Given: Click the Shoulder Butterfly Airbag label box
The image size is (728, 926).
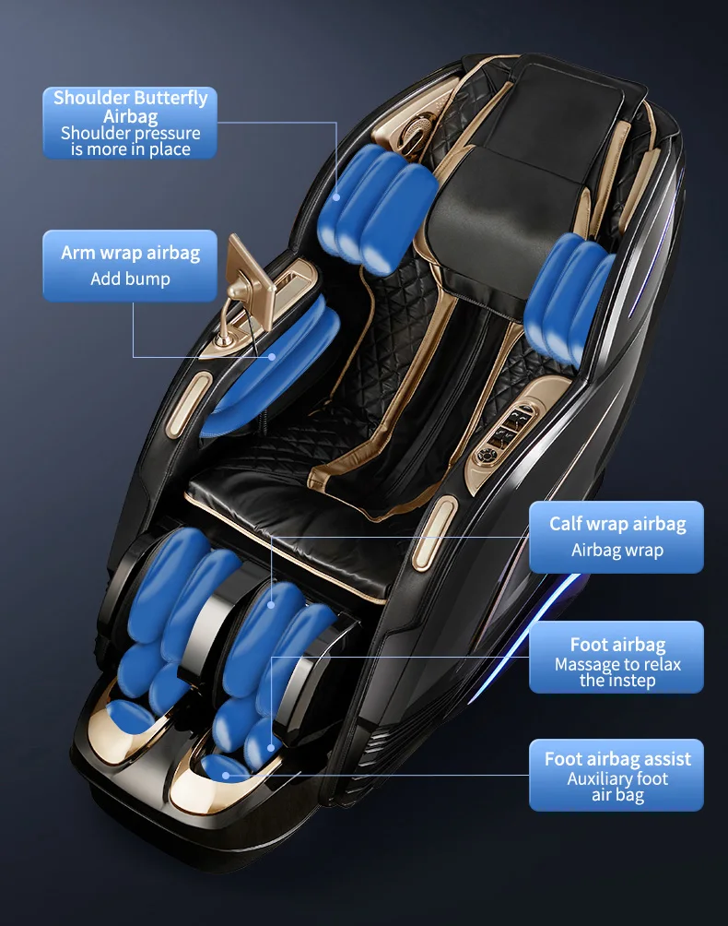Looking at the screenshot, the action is pos(130,123).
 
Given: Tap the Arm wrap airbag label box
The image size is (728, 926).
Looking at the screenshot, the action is pos(130,266).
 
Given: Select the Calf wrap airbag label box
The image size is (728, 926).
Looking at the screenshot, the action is pos(616,537).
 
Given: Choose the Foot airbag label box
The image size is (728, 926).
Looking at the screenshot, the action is pos(616,658).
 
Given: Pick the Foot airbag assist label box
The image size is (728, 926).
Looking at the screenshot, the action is pos(616,776).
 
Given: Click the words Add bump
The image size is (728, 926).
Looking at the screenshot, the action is pos(130,279).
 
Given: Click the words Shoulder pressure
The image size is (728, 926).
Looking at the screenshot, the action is pos(130,133).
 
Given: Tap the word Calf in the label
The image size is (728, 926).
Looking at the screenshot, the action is pos(565,524).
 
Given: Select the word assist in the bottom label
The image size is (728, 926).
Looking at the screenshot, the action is pos(667,759).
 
